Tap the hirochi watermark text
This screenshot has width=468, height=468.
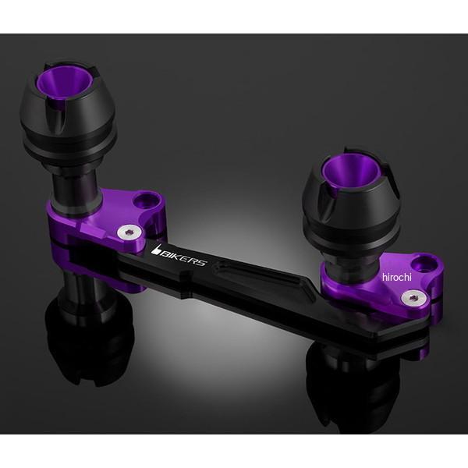click(397, 277)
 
